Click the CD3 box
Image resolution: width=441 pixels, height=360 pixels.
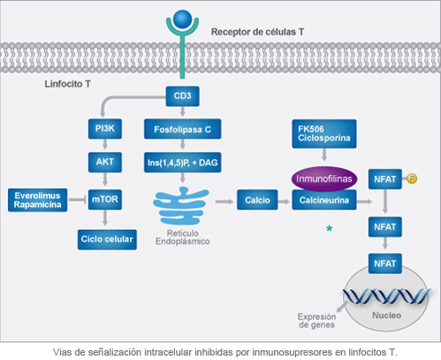click(182, 94)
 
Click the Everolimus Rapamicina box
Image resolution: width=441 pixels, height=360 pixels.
click(37, 200)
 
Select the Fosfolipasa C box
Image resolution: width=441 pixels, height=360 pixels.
click(182, 129)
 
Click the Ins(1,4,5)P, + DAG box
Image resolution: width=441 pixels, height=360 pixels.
click(182, 163)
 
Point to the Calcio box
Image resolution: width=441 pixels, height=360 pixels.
click(258, 200)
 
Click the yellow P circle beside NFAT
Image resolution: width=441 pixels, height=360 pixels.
click(412, 180)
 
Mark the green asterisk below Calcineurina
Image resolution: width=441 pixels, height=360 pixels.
click(329, 229)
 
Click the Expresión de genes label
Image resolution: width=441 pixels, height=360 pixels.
click(316, 320)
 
